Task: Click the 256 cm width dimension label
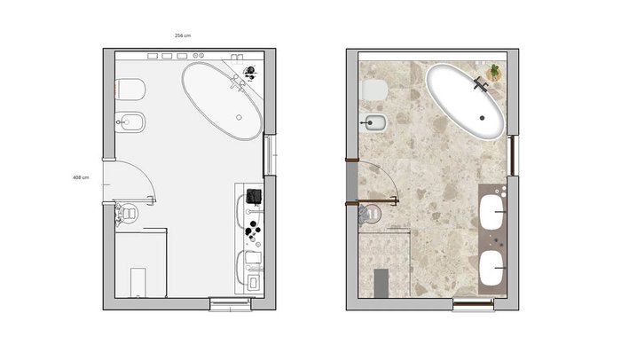[x=183, y=35]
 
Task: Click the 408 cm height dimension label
[x=81, y=177]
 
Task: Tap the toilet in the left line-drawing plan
[x=130, y=90]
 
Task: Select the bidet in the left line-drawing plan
[x=130, y=122]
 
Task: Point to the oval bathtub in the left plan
[x=222, y=101]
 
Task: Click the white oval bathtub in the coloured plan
[x=466, y=101]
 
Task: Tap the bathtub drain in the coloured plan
[x=482, y=118]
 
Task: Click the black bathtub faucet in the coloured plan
[x=481, y=84]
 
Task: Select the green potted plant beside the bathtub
[x=494, y=72]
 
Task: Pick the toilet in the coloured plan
[x=374, y=90]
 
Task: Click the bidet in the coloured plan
[x=374, y=123]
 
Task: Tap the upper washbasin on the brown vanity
[x=492, y=212]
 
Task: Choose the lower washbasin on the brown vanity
[x=491, y=268]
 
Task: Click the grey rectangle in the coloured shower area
[x=381, y=283]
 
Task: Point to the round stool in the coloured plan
[x=370, y=215]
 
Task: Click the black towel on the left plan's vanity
[x=254, y=197]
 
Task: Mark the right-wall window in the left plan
[x=270, y=155]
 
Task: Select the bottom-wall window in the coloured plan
[x=473, y=304]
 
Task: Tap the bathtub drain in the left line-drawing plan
[x=239, y=118]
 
